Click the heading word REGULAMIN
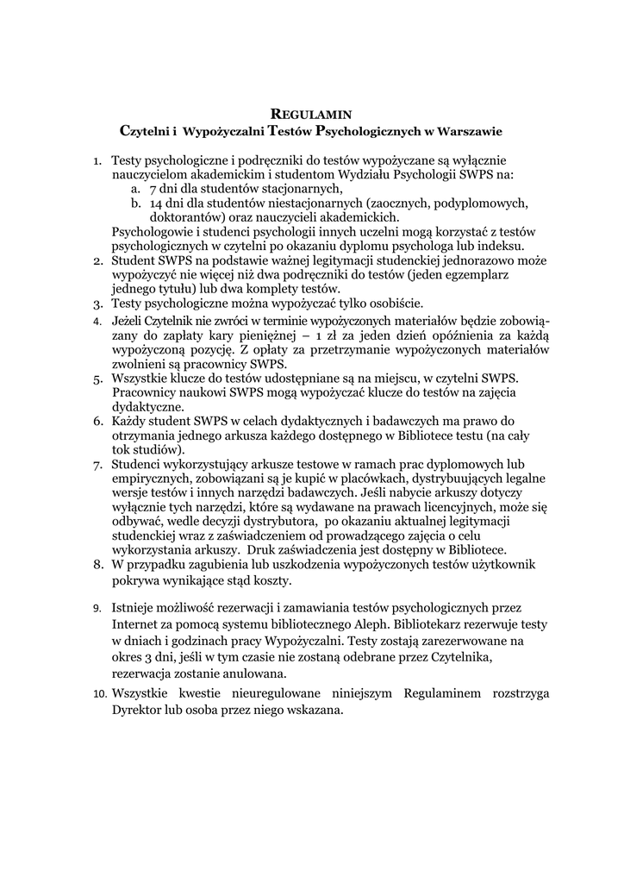pyautogui.click(x=311, y=113)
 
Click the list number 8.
pyautogui.click(x=97, y=564)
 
